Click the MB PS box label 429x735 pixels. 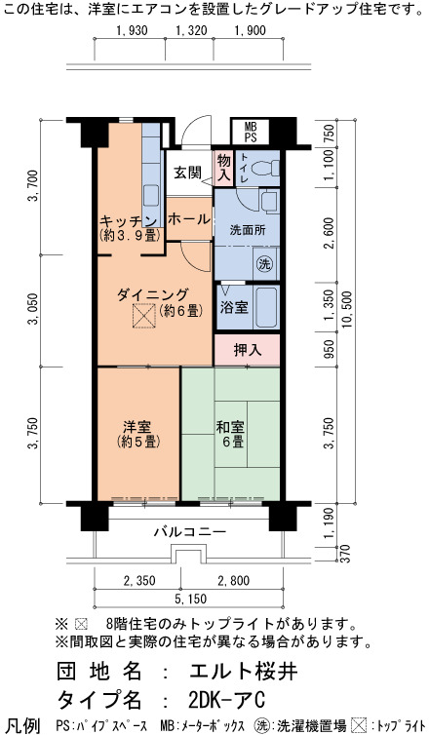pyautogui.click(x=251, y=133)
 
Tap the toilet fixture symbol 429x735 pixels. pyautogui.click(x=266, y=168)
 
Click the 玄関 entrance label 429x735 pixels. pyautogui.click(x=188, y=172)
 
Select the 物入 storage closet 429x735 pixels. pyautogui.click(x=224, y=168)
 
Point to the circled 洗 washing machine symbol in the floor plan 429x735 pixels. pyautogui.click(x=264, y=264)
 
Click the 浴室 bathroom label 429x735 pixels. pyautogui.click(x=234, y=307)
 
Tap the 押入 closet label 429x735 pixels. pyautogui.click(x=248, y=350)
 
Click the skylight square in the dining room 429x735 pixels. pyautogui.click(x=143, y=316)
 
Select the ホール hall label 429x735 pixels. pyautogui.click(x=188, y=219)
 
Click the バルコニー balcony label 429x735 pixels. pyautogui.click(x=190, y=532)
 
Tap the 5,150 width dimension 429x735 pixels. pyautogui.click(x=190, y=600)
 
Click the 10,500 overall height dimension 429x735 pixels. pyautogui.click(x=347, y=309)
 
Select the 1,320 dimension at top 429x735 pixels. pyautogui.click(x=191, y=31)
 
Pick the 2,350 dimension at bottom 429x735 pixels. pyautogui.click(x=139, y=581)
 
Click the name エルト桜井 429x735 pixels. pyautogui.click(x=244, y=672)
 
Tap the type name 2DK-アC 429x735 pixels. pyautogui.click(x=227, y=701)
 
